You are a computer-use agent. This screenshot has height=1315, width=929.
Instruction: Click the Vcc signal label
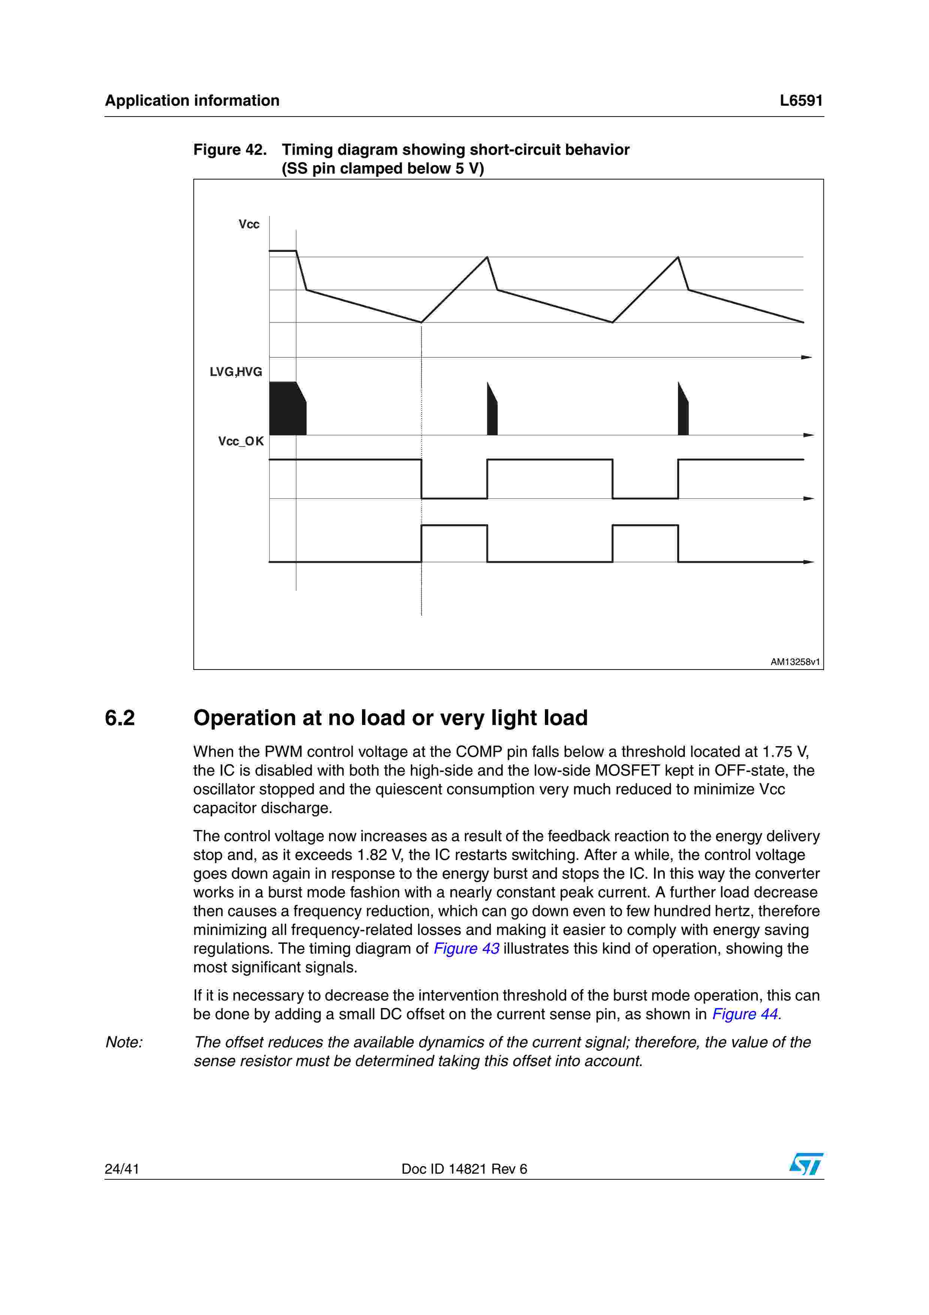click(x=249, y=225)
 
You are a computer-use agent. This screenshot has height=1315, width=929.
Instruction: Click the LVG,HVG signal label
click(x=236, y=372)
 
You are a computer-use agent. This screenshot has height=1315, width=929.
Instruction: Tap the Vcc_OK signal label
click(x=241, y=442)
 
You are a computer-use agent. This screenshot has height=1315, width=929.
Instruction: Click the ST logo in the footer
click(x=806, y=1164)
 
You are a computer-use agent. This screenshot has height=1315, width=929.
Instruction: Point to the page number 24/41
click(x=122, y=1169)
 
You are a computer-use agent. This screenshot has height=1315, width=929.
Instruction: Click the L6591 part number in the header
click(x=801, y=101)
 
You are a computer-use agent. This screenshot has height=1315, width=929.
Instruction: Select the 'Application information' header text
click(x=192, y=101)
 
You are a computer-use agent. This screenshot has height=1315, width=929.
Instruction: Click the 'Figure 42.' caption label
click(x=230, y=150)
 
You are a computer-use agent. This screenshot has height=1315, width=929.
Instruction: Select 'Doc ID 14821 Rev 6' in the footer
click(x=464, y=1169)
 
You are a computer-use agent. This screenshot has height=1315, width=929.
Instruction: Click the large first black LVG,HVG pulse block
click(x=286, y=409)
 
